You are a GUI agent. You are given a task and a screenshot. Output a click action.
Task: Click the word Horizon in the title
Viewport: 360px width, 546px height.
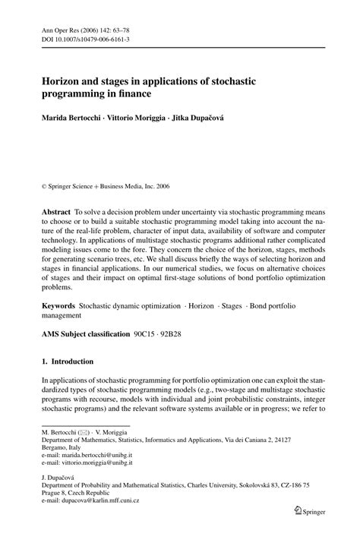point(66,78)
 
